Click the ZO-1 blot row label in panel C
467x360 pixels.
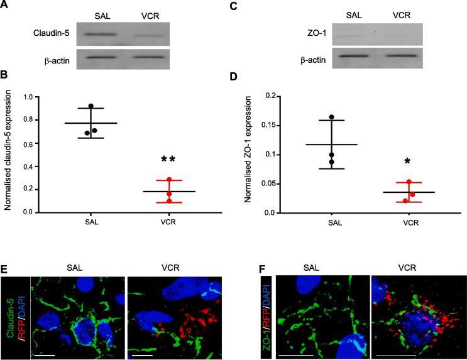click(x=304, y=35)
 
